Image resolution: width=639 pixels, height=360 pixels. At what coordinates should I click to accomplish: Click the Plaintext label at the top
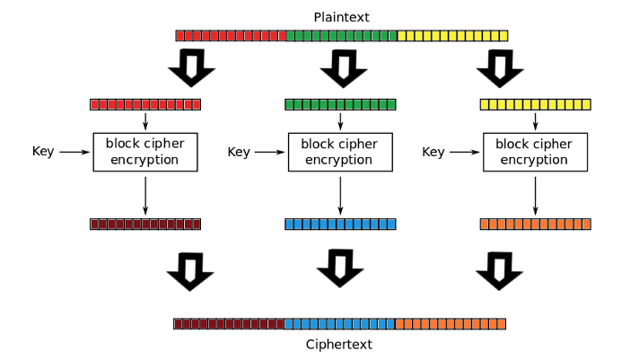tap(341, 17)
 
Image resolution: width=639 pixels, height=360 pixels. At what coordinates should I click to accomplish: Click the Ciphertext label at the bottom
tap(339, 344)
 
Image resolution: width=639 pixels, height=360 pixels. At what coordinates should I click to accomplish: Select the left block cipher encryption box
tap(145, 152)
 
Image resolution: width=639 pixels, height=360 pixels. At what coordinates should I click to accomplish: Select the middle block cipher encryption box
tap(340, 152)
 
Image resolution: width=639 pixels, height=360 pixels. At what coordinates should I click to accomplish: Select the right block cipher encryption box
tap(535, 152)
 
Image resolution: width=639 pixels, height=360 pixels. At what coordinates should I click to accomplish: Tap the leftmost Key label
tap(43, 152)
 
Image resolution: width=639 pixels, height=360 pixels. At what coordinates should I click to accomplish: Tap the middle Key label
tap(238, 152)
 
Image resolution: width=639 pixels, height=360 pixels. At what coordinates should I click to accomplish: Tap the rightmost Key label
tap(433, 152)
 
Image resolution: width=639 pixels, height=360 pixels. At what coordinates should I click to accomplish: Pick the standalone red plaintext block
tap(145, 104)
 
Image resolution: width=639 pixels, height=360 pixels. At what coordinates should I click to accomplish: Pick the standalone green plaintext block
tap(340, 104)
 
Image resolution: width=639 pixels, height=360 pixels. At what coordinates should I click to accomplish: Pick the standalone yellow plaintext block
tap(535, 104)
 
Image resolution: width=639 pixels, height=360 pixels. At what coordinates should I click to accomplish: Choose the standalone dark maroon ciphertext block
tap(145, 224)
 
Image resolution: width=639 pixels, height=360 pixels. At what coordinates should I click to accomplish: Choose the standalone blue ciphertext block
tap(340, 224)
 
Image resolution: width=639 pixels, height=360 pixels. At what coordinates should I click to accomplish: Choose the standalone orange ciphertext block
tap(535, 224)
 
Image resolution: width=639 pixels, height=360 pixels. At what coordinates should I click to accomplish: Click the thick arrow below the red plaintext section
tap(190, 67)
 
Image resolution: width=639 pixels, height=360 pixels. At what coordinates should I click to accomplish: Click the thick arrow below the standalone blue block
tap(338, 267)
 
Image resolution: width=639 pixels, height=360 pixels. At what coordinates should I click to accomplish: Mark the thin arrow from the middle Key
tap(270, 153)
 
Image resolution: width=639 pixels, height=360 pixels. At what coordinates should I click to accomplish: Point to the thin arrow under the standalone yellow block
tap(536, 121)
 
